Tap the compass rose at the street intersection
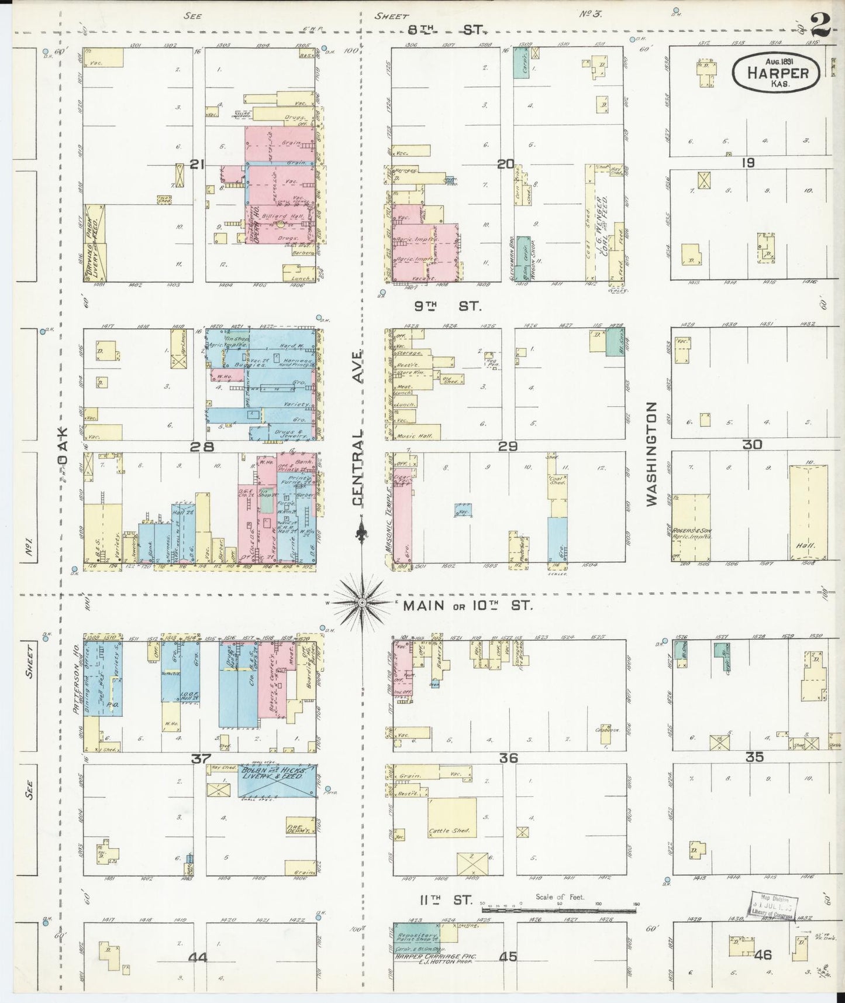pos(362,602)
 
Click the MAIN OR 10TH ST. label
pos(468,606)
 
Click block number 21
pos(196,166)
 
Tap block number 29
pos(508,446)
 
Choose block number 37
pos(201,759)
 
